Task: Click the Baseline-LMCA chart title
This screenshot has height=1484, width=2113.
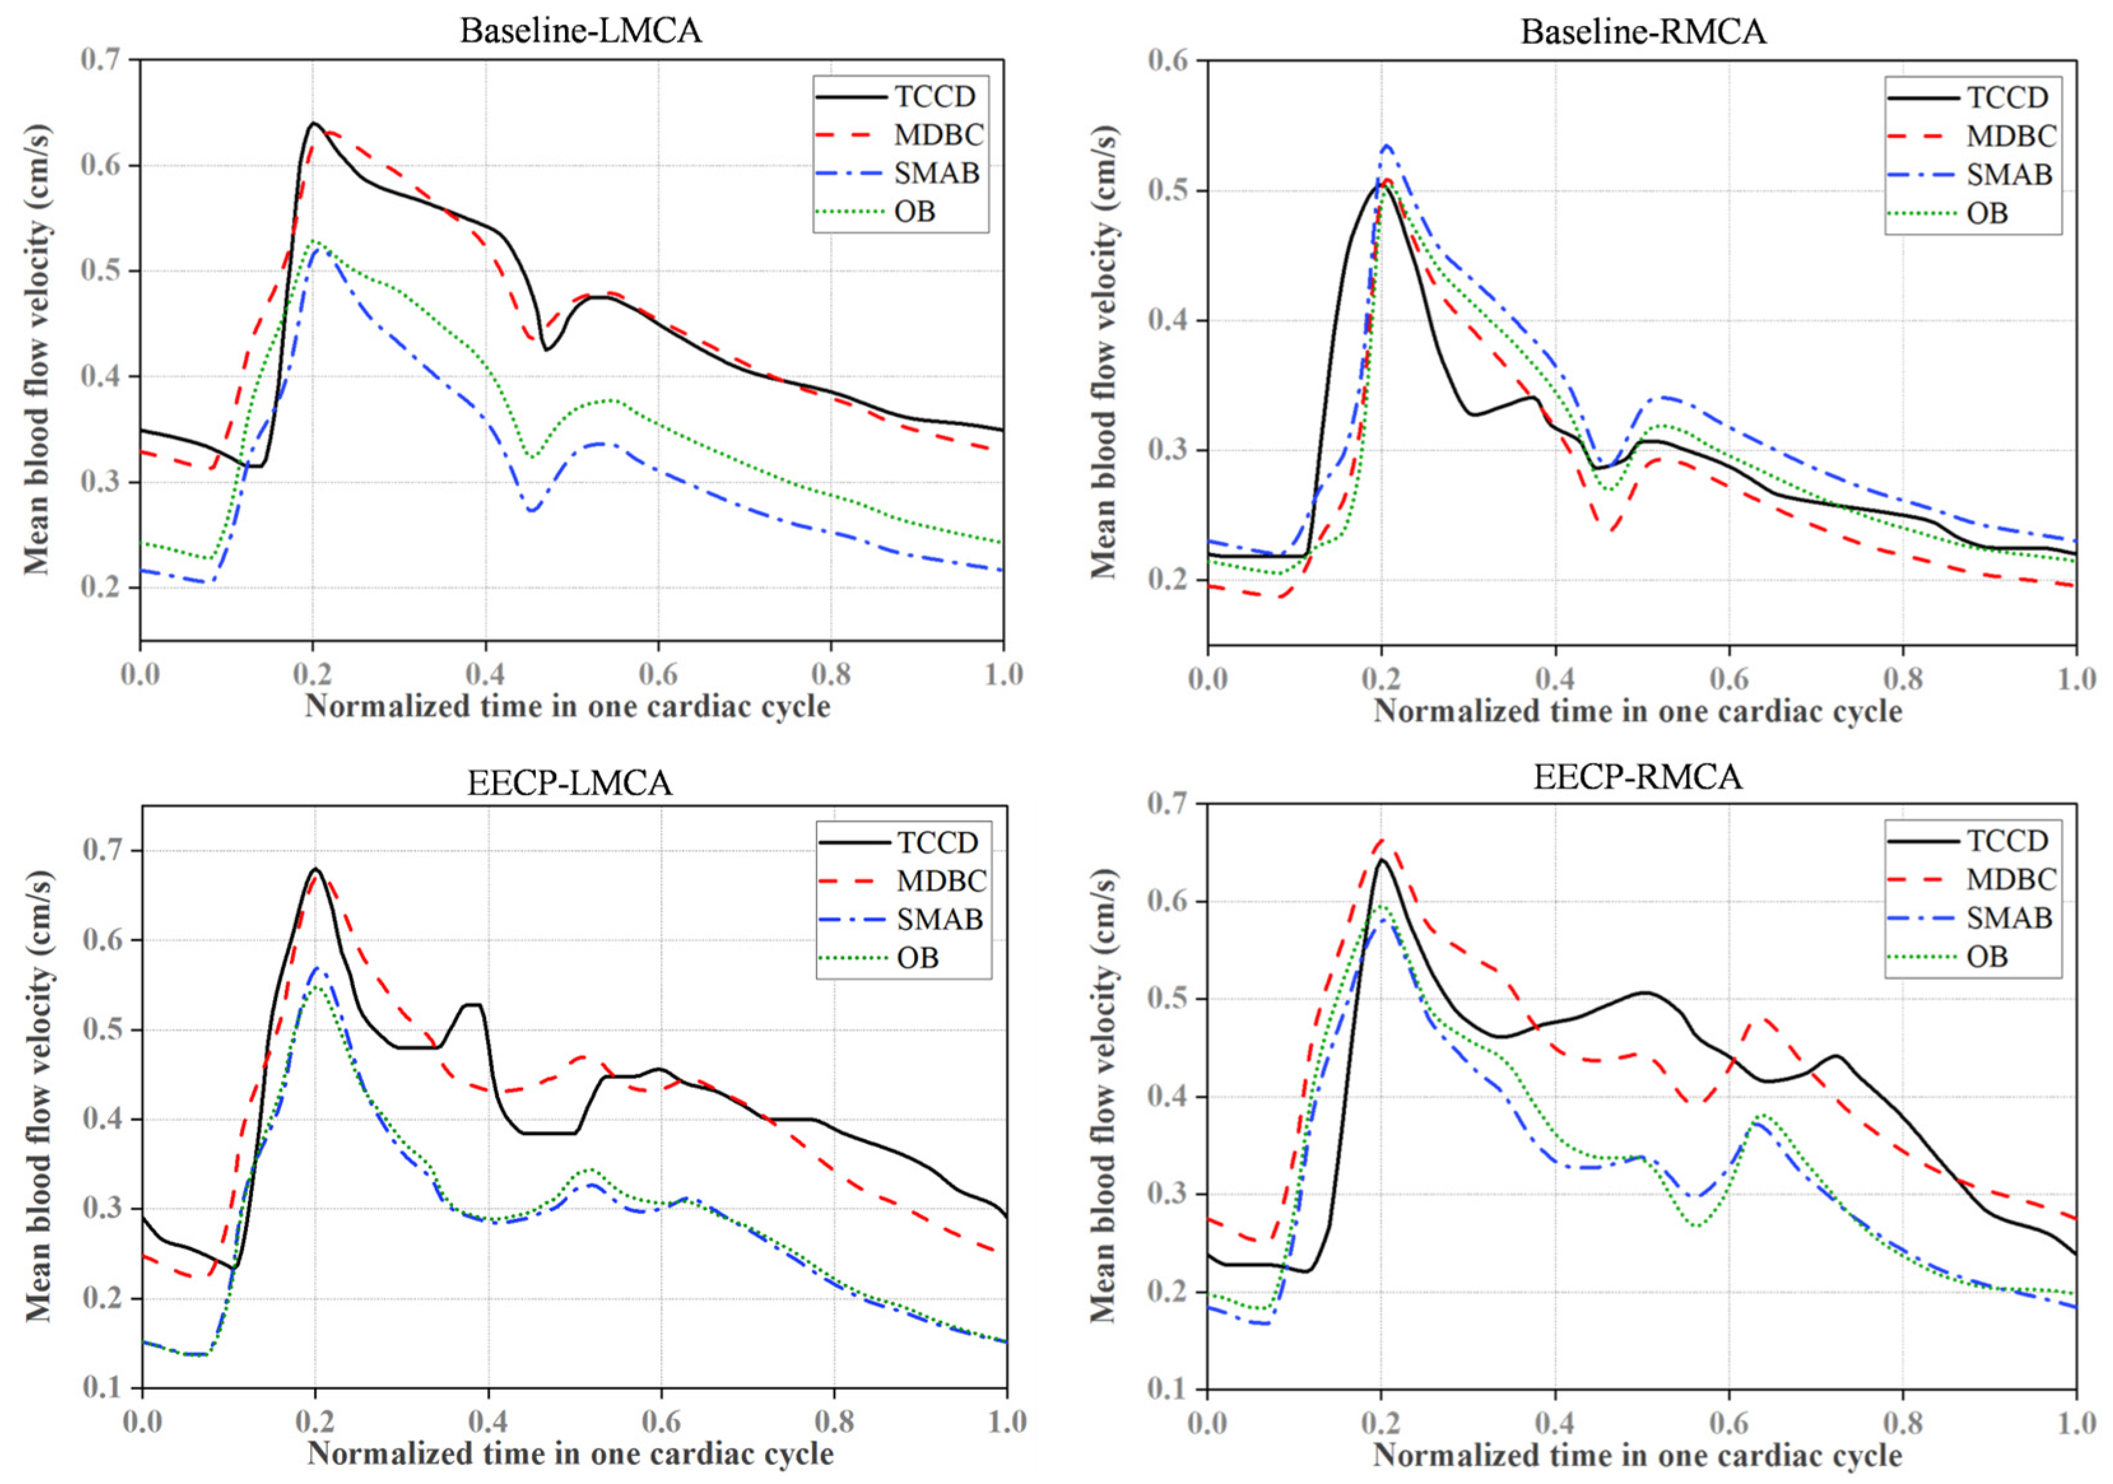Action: click(581, 31)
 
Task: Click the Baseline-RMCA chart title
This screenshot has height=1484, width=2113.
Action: click(1643, 31)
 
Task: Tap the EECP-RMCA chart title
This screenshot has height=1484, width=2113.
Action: click(1637, 777)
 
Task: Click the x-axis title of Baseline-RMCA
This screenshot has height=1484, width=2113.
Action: click(1638, 710)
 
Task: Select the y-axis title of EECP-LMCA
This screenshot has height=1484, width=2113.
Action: click(38, 1095)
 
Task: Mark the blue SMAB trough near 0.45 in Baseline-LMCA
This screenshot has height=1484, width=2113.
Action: click(532, 510)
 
